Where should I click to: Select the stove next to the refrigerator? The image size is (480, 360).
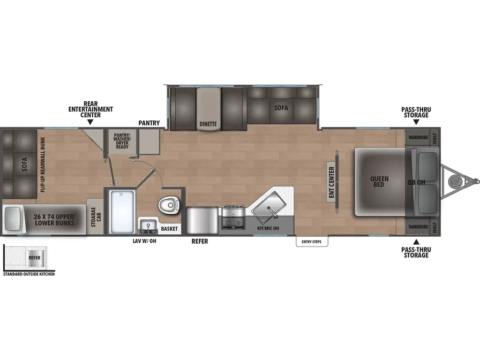click(233, 217)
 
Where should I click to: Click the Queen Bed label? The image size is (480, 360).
click(379, 182)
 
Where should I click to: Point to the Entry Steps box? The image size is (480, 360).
click(312, 242)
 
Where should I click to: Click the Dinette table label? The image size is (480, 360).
click(208, 124)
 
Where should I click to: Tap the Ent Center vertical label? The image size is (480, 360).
click(331, 182)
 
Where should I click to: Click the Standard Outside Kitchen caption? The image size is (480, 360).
click(29, 274)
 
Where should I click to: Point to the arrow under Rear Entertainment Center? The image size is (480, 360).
click(90, 121)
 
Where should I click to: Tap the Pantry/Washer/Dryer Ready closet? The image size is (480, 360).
click(121, 140)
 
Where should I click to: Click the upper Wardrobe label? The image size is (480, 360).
click(418, 138)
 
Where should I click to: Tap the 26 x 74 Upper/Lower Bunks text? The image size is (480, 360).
click(54, 220)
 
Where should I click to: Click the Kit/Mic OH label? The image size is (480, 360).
click(268, 228)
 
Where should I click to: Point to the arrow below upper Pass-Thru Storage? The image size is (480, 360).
click(416, 121)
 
